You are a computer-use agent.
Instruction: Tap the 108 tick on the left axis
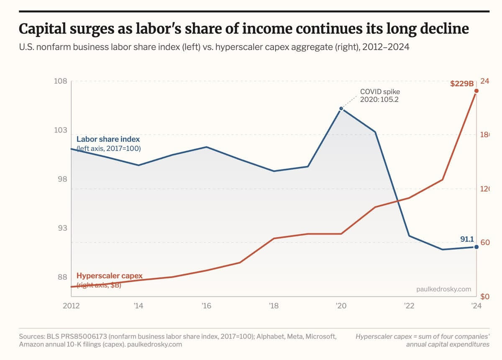coord(61,81)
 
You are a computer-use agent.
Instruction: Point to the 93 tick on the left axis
coord(61,228)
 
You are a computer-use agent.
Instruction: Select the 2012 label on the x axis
coord(71,306)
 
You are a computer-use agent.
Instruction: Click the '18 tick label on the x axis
coord(274,306)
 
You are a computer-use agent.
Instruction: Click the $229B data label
coord(461,84)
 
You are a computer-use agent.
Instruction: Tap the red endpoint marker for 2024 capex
coord(476,91)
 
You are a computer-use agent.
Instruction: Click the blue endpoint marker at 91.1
coord(476,247)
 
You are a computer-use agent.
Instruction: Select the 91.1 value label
coord(466,239)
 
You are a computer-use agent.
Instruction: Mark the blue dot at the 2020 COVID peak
coord(341,109)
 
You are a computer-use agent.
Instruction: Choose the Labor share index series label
coord(108,139)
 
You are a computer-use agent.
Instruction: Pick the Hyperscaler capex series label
coord(110,276)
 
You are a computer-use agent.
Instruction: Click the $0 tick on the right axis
coord(484,297)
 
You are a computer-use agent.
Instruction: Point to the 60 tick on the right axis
coord(485,243)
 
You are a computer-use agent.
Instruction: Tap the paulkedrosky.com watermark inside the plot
coord(444,289)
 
